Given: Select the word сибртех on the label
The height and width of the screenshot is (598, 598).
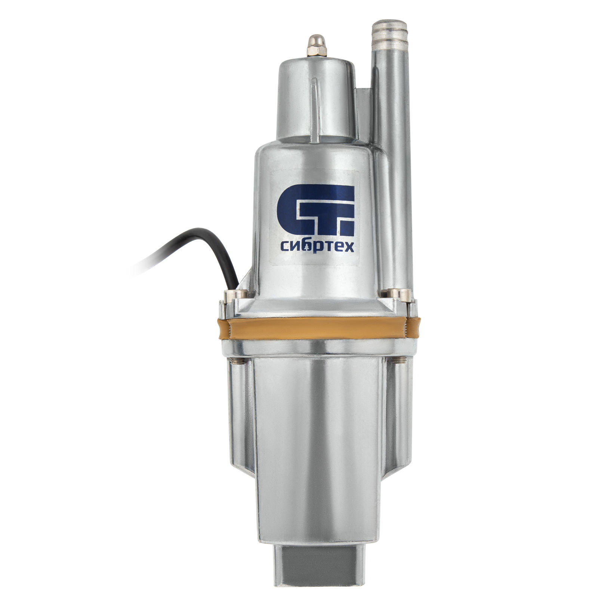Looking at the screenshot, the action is click(317, 247).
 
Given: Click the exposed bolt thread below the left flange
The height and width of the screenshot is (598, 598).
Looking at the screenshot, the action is click(236, 361).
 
